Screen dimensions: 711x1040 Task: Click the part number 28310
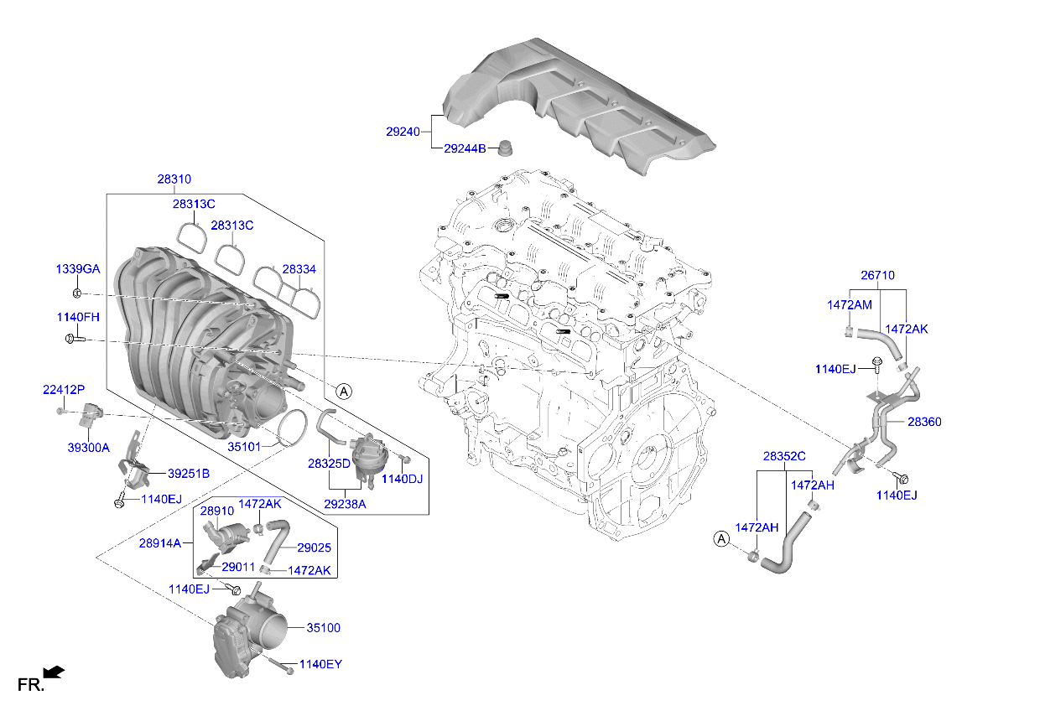(174, 179)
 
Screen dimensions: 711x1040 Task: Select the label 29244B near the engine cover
(465, 148)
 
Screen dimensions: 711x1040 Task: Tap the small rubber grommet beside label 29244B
(505, 147)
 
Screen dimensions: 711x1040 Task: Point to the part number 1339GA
(78, 269)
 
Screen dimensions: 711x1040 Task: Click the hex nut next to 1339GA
(76, 293)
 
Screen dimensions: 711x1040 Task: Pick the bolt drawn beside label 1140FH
(73, 339)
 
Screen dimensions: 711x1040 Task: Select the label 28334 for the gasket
(299, 269)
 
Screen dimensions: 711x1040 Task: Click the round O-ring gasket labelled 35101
(289, 427)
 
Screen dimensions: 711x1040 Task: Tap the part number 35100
(323, 627)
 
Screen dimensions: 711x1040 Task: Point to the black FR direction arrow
(54, 672)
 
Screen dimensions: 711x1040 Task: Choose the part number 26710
(877, 275)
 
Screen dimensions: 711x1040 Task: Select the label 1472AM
(850, 305)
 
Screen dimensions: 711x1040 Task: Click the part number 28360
(924, 422)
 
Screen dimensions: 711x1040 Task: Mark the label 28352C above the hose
(783, 457)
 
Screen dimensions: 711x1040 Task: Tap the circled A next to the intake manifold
(343, 391)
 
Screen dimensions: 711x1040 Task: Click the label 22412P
(65, 389)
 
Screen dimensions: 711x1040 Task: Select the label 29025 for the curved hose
(315, 548)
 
